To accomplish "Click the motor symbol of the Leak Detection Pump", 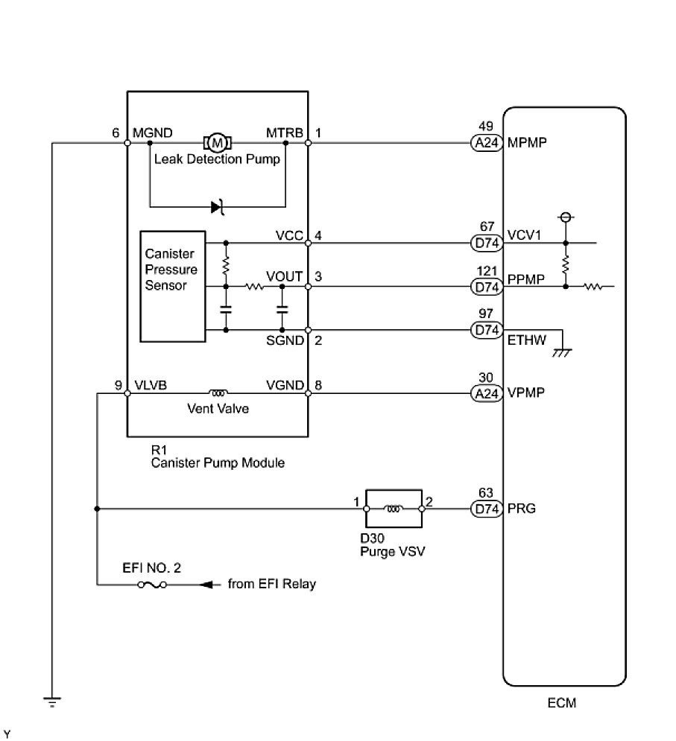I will [x=218, y=141].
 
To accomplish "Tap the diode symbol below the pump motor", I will [x=218, y=206].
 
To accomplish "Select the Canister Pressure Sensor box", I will [x=173, y=286].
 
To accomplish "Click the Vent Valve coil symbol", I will [x=218, y=392].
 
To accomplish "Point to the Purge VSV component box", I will [x=393, y=509].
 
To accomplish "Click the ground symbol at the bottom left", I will [x=52, y=701].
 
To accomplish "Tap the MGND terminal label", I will [x=153, y=133].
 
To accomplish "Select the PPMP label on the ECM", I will [x=525, y=280].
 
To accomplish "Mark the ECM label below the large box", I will [x=561, y=702].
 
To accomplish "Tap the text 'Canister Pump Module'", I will [x=217, y=463].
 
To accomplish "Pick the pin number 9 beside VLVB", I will [x=118, y=385].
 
